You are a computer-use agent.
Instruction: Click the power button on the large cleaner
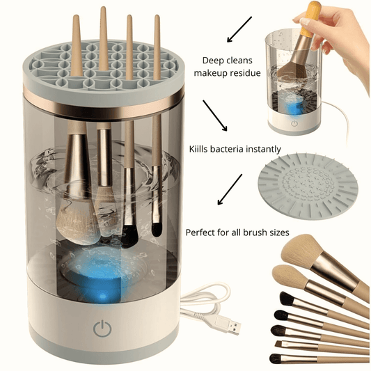[x=102, y=328]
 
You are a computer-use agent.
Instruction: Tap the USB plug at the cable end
[x=228, y=327]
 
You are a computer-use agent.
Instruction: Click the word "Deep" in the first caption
[x=212, y=61]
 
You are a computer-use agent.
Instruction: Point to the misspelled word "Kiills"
[x=198, y=149]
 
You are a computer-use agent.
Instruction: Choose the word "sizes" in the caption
[x=279, y=232]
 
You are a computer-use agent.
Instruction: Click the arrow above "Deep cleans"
[x=239, y=29]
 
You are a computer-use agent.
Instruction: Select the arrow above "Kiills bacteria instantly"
[x=215, y=116]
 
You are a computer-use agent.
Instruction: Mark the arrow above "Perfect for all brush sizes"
[x=230, y=189]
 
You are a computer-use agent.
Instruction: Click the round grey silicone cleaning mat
[x=308, y=187]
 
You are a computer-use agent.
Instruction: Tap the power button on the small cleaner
[x=294, y=123]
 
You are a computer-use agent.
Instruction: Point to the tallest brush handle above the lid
[x=104, y=38]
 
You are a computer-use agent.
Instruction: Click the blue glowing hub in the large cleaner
[x=100, y=272]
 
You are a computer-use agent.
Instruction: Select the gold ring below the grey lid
[x=104, y=105]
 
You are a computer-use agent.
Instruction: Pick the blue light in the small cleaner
[x=293, y=106]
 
